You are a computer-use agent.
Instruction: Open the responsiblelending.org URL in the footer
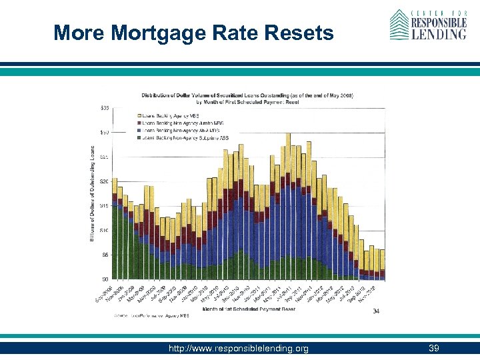coord(239,348)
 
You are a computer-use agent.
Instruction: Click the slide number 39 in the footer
coord(434,348)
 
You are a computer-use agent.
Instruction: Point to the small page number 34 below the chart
coord(376,311)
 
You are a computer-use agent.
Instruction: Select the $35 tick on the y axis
coord(105,108)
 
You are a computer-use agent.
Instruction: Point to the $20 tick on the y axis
coord(105,181)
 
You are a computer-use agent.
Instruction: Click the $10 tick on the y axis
coord(105,231)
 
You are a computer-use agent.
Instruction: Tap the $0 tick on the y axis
coord(105,279)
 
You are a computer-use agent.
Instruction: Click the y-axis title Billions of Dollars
coord(93,193)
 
